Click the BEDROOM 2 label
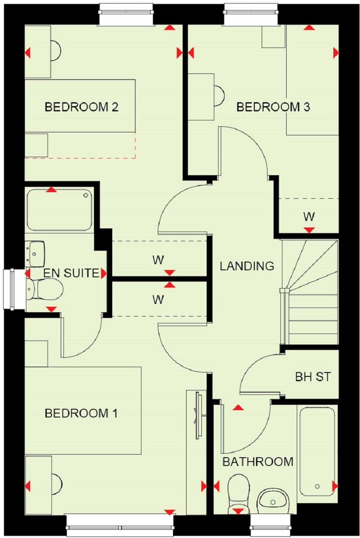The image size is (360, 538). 82,107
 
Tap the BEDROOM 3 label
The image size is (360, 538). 273,107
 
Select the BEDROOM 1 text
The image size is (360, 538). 81,413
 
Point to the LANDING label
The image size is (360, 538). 247,266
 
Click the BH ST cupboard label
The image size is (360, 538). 313,376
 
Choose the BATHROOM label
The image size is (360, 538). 258,462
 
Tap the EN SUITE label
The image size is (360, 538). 71,274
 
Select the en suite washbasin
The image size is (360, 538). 35,253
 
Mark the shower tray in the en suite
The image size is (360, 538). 59,210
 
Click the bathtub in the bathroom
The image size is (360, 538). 317,450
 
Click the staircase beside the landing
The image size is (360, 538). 310,293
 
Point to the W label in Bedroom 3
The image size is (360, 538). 309,217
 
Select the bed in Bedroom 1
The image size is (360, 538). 83,410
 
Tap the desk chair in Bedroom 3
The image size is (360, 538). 218,93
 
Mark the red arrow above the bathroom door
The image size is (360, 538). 238,407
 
